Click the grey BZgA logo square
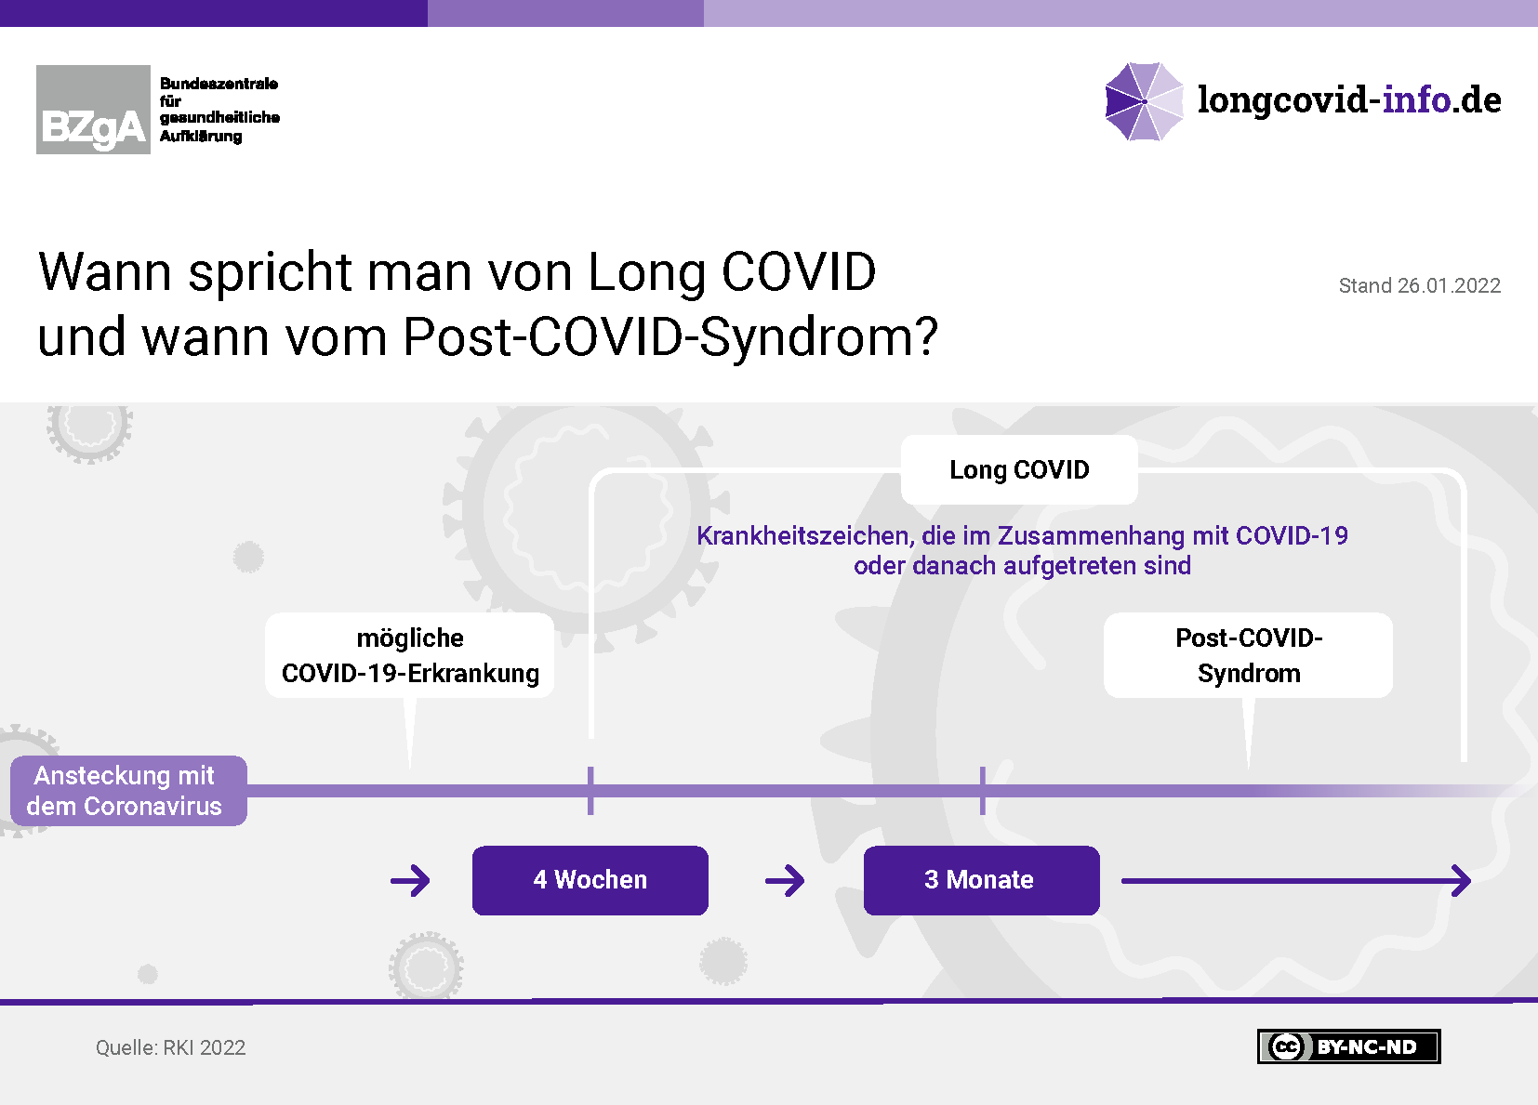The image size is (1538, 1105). click(93, 110)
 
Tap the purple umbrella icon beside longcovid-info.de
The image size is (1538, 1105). click(1145, 101)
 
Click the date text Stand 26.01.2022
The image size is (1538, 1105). click(1419, 285)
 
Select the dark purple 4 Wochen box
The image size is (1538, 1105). click(590, 880)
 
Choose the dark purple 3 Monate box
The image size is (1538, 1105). click(981, 880)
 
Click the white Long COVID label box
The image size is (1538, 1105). click(1019, 470)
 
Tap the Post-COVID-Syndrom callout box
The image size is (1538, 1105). click(1248, 655)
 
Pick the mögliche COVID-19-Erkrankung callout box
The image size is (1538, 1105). click(410, 655)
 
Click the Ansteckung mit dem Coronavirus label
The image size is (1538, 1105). click(128, 791)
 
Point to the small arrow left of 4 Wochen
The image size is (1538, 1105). click(411, 881)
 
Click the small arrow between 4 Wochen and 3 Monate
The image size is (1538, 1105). click(785, 881)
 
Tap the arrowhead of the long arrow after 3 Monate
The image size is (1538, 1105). click(1469, 881)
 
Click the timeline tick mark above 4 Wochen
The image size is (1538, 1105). click(590, 791)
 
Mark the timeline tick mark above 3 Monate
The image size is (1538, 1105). click(983, 791)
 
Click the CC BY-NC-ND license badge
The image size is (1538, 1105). click(1348, 1046)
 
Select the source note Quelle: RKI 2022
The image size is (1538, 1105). click(170, 1047)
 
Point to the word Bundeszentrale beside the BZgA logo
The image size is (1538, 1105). click(219, 84)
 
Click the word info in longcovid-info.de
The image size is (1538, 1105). click(1416, 99)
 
